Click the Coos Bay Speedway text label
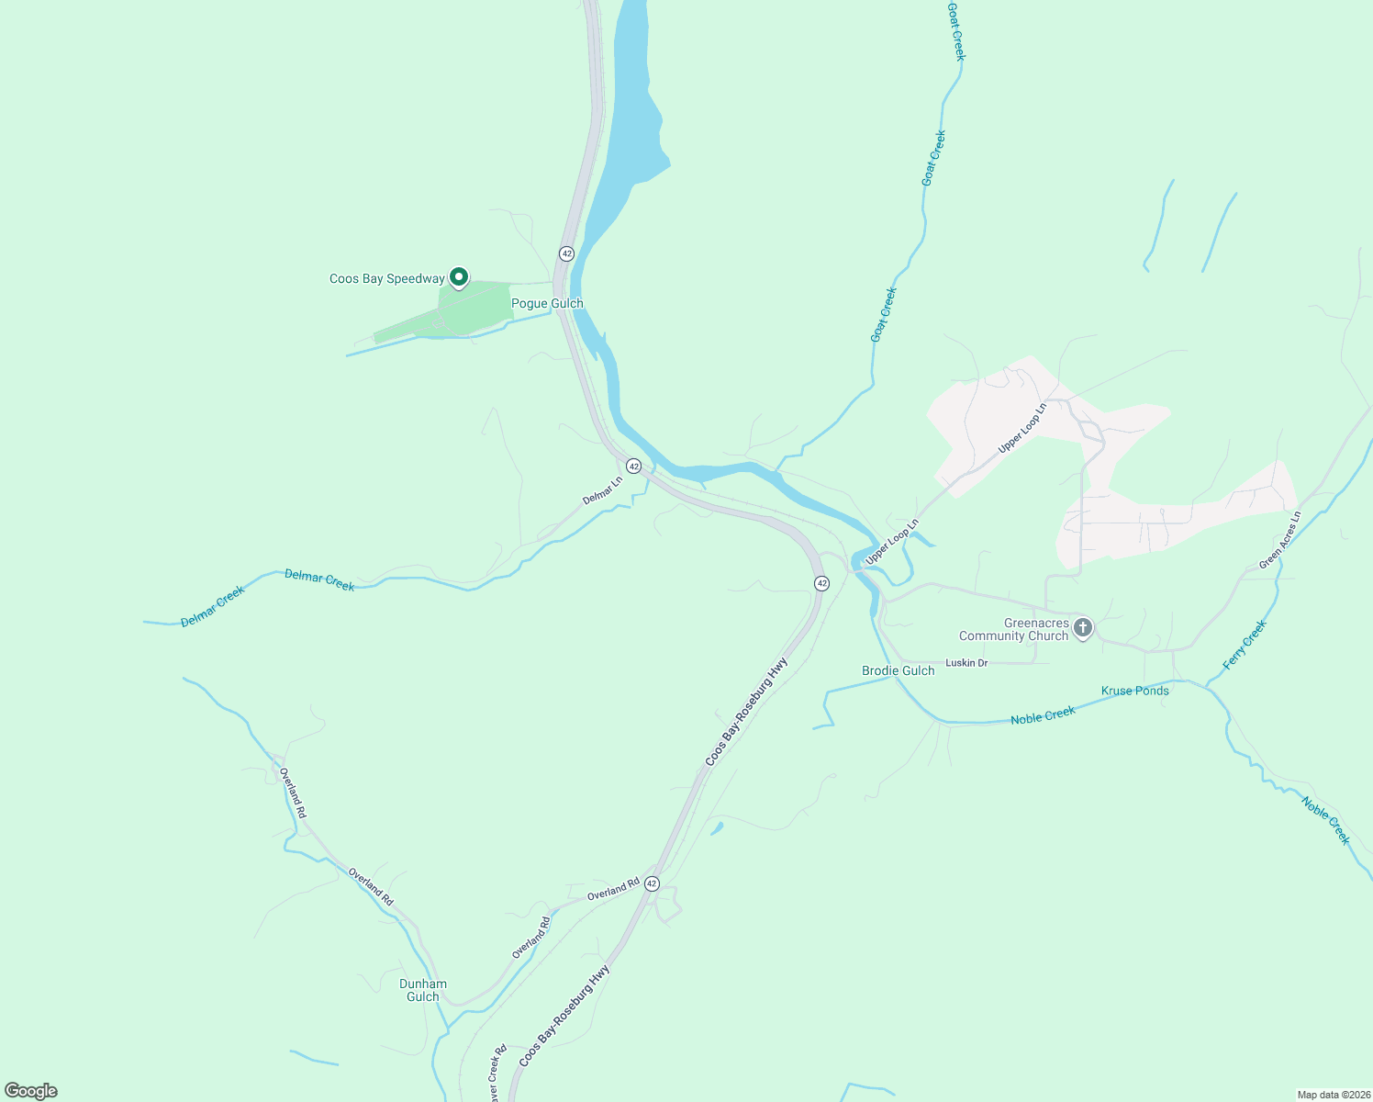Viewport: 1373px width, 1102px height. pos(386,278)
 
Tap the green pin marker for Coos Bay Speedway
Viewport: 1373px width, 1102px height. pos(458,276)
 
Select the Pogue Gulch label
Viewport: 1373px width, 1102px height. pos(547,303)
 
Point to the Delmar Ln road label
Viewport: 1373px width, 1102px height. pos(602,490)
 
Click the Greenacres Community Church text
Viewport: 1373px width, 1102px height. pos(1014,629)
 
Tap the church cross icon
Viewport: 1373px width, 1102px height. pos(1083,628)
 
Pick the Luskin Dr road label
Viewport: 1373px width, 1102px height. pos(966,662)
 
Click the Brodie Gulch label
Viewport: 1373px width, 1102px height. pos(898,670)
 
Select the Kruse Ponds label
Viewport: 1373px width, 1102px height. pos(1134,691)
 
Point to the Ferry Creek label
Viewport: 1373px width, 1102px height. pos(1245,645)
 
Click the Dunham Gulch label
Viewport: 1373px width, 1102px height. pos(423,990)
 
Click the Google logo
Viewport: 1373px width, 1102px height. pos(31,1091)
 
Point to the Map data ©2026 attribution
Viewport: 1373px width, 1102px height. pos(1334,1095)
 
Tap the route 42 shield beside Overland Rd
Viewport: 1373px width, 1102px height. pos(652,883)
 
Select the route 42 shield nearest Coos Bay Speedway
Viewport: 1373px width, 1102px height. pos(566,253)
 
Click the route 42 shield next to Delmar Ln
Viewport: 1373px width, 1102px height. pos(633,467)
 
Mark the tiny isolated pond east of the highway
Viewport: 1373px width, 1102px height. pos(717,828)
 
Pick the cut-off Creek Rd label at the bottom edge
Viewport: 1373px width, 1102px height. pos(497,1074)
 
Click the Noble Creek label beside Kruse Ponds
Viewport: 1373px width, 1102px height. pos(1043,715)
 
